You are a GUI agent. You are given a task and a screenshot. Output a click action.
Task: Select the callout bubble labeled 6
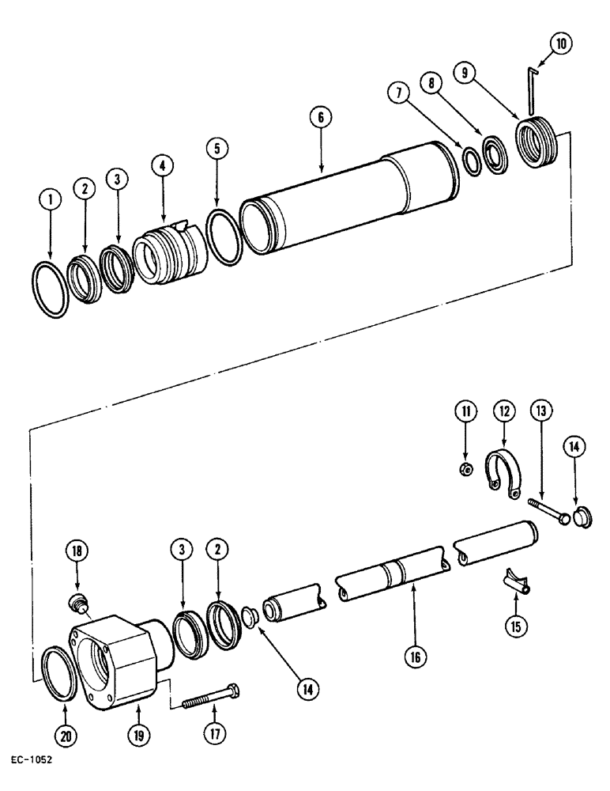pos(321,117)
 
